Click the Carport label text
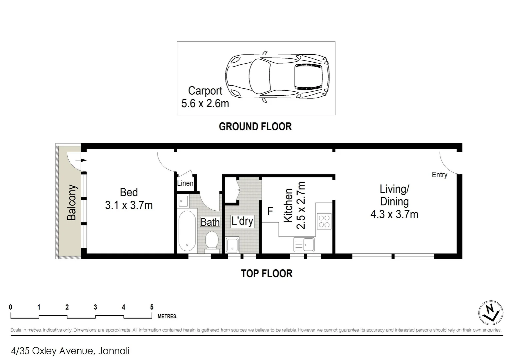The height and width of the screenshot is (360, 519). pos(205,91)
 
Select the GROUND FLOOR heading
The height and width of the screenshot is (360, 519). pos(255,127)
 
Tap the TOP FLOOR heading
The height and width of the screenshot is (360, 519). pos(266,274)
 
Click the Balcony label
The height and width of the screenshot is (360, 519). pos(72,203)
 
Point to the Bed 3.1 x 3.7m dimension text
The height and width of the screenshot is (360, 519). pos(129,205)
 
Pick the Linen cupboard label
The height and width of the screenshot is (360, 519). pos(185,183)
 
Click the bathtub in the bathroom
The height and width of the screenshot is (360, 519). pos(187,231)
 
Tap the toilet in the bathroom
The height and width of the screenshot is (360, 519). pos(211,240)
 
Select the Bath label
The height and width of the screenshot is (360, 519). pos(210,222)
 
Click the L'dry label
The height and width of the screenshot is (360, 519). pos(242,221)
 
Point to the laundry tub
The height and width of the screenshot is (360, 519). pos(232,245)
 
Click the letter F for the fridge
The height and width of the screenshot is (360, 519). pos(270,211)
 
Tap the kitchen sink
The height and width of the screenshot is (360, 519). pos(304,244)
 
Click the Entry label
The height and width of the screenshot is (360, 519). pos(439,175)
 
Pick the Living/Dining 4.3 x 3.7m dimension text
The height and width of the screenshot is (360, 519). pos(394,214)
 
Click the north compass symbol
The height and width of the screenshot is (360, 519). pos(491,313)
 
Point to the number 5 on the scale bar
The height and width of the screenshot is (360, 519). pos(152,307)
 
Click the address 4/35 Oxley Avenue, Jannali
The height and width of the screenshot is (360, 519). pos(70,351)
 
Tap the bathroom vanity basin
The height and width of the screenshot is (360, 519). pos(183,201)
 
